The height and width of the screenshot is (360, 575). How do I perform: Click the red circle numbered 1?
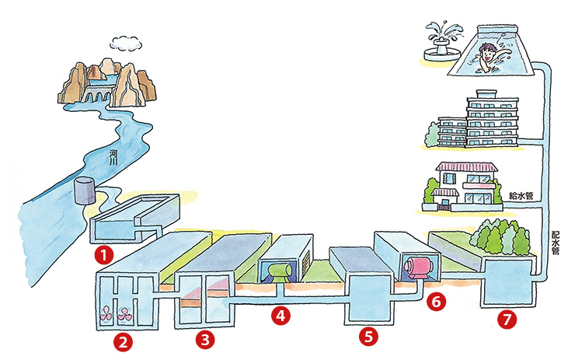(x=101, y=253)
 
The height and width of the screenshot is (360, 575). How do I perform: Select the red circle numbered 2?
(x=123, y=340)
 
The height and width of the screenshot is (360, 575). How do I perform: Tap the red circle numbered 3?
(x=204, y=339)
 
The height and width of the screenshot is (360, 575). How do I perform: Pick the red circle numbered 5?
(x=368, y=337)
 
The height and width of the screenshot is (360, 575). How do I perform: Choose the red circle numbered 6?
(x=437, y=300)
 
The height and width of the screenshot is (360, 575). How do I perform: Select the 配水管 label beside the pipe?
(x=554, y=243)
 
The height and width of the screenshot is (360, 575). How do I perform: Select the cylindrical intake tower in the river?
(x=85, y=190)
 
